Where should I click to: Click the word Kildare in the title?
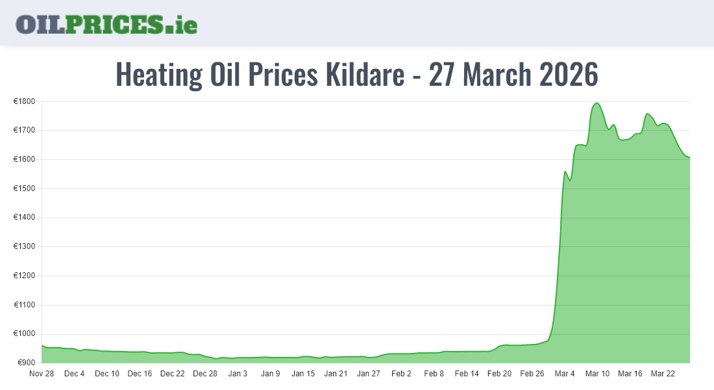pyautogui.click(x=367, y=75)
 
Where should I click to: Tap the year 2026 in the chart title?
pyautogui.click(x=569, y=75)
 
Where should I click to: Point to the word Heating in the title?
pyautogui.click(x=158, y=75)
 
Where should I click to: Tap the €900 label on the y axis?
pyautogui.click(x=26, y=363)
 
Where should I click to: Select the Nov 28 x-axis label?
pyautogui.click(x=42, y=374)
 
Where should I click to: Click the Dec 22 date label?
pyautogui.click(x=173, y=374)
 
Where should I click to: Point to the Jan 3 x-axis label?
pyautogui.click(x=238, y=374)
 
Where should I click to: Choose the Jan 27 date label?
pyautogui.click(x=369, y=374)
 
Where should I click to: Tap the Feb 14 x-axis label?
pyautogui.click(x=467, y=374)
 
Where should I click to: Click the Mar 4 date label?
pyautogui.click(x=565, y=374)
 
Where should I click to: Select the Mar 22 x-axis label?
pyautogui.click(x=663, y=374)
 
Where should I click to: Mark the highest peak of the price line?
pyautogui.click(x=597, y=103)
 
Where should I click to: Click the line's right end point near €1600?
pyautogui.click(x=689, y=157)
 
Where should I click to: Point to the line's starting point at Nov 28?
pyautogui.click(x=42, y=346)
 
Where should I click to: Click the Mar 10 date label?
pyautogui.click(x=597, y=374)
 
